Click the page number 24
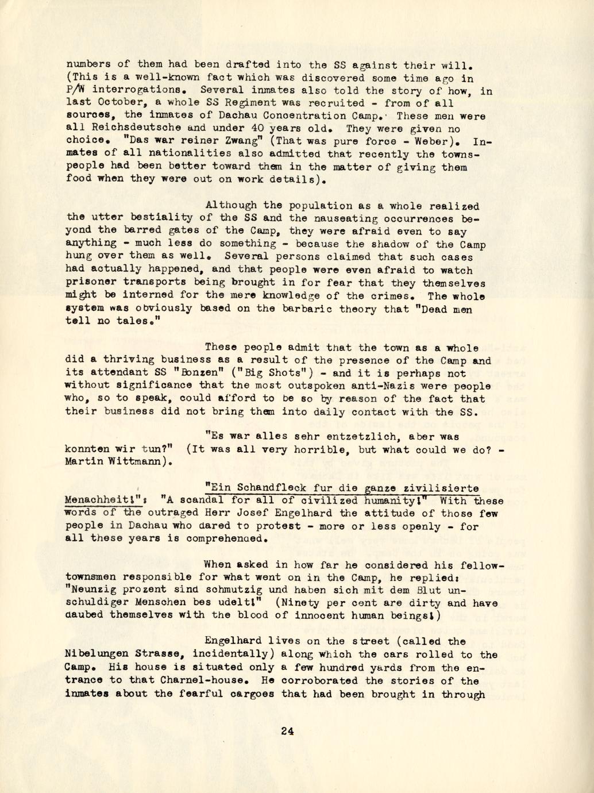click(x=287, y=732)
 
